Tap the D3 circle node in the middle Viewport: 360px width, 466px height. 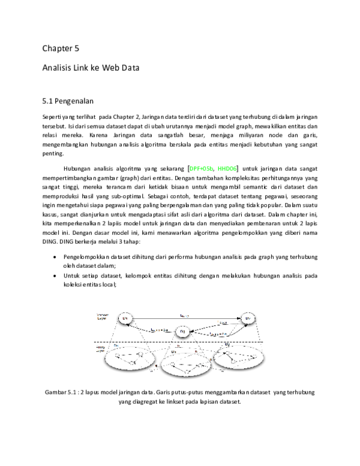[x=182, y=331]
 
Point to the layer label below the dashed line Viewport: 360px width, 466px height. [x=100, y=348]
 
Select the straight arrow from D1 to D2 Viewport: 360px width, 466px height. [x=186, y=318]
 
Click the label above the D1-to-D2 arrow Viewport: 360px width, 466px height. [x=185, y=314]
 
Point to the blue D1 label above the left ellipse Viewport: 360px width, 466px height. [x=116, y=345]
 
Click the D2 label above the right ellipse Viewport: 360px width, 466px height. [x=227, y=345]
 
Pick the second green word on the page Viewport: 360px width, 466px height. [x=227, y=169]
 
